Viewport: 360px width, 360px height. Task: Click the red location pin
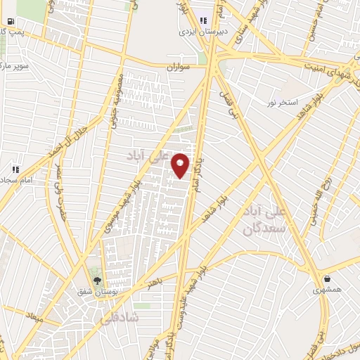[181, 165]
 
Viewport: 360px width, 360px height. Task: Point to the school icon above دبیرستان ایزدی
[203, 20]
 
